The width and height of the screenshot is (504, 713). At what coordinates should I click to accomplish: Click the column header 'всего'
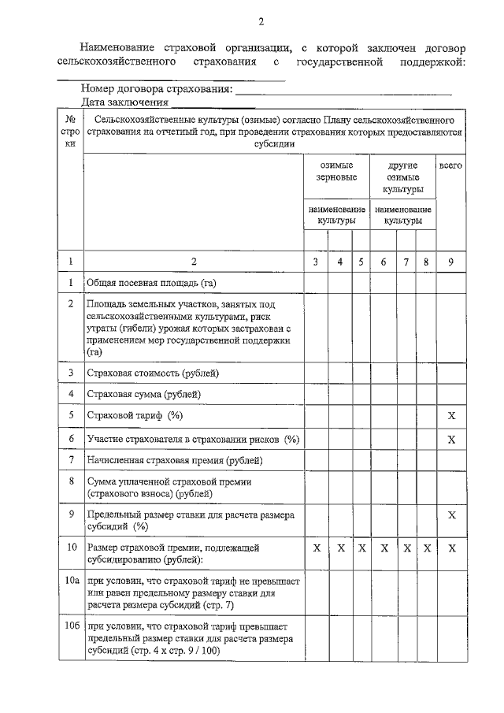coord(450,166)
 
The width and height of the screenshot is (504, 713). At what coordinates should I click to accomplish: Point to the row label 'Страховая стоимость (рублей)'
coord(153,373)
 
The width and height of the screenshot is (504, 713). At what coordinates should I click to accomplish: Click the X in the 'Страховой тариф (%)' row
coord(451,415)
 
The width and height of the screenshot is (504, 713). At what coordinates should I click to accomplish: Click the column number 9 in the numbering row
coord(451,262)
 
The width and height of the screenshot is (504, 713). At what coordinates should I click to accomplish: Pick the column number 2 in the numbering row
coord(194,262)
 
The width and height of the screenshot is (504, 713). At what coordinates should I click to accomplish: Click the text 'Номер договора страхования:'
coord(157,90)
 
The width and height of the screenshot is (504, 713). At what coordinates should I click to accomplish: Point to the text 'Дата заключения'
coord(124,102)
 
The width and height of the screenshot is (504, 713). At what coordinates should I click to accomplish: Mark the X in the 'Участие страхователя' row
coord(451,438)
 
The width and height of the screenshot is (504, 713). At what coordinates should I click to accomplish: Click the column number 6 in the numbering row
coord(384,262)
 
